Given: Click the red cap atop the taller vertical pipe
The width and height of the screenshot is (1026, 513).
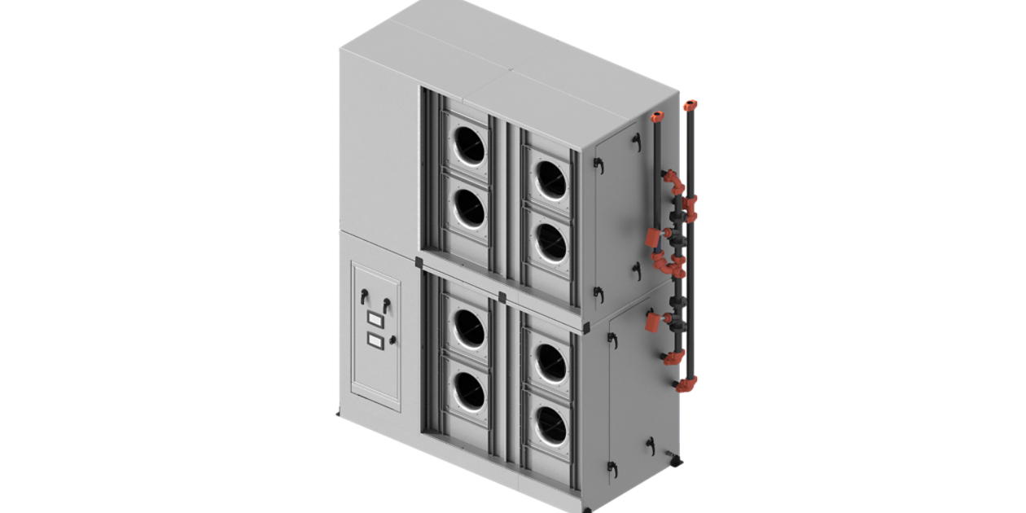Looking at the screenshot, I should (691, 105).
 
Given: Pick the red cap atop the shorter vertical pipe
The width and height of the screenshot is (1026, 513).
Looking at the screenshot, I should (657, 116).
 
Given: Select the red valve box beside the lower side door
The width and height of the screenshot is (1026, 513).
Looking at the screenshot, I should (652, 322).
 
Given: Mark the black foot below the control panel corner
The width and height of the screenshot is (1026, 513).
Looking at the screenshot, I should (338, 414).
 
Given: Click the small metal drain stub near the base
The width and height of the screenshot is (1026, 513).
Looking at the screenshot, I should (667, 453).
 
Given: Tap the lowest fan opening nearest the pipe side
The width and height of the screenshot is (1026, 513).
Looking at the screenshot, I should (551, 424).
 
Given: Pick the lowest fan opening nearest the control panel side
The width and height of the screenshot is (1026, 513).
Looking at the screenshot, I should (469, 392).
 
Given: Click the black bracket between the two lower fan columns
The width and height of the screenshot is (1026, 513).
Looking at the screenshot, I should (502, 297).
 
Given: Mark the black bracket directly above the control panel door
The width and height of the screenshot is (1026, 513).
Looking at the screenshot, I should (419, 262).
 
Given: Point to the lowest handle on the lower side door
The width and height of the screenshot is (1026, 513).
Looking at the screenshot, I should (612, 467).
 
